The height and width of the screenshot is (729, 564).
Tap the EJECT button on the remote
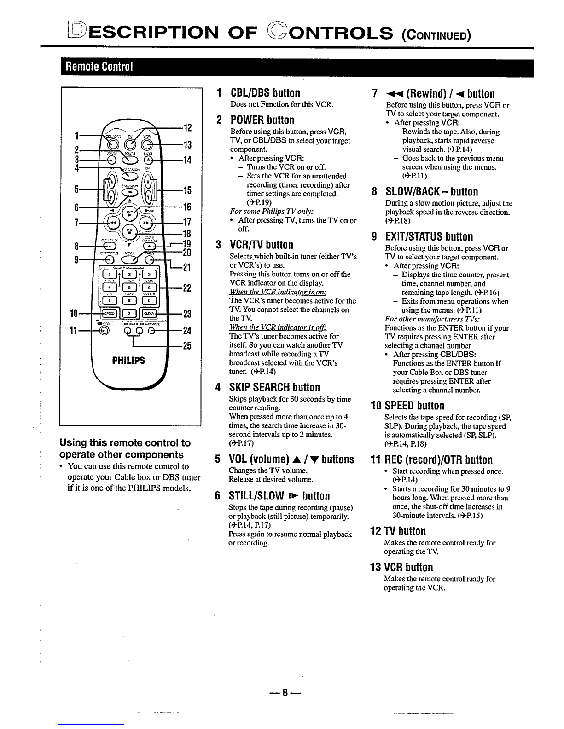coord(148,161)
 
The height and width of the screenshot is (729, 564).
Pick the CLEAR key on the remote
coord(149,314)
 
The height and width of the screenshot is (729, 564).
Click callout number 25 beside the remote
coord(186,345)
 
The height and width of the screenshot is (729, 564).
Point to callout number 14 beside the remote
coord(186,160)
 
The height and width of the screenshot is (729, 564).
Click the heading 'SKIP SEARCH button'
coord(274,387)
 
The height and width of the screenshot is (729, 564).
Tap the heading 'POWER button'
coord(262,120)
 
